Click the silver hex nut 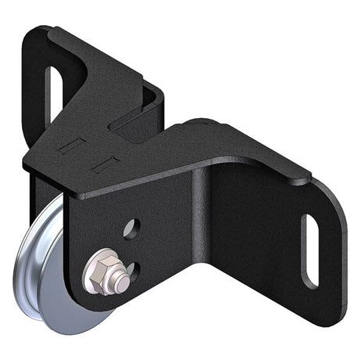pyautogui.click(x=100, y=270)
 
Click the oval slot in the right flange pyautogui.click(x=311, y=250)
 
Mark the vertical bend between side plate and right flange pyautogui.click(x=205, y=235)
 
